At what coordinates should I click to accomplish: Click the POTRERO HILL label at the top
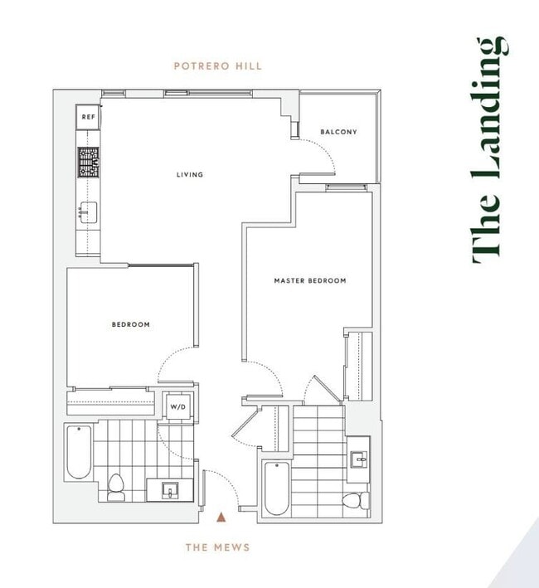coord(217,66)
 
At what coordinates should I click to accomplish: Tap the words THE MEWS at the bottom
coord(217,547)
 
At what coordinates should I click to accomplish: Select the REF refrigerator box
coord(88,118)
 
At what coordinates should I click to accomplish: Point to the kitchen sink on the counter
coord(87,212)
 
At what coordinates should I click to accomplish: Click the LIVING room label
coord(189,175)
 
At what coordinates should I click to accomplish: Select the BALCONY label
coord(338,132)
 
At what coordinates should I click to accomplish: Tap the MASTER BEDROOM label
coord(310,281)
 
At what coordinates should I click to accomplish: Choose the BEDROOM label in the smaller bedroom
coord(131,324)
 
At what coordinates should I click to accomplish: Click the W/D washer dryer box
coord(177,406)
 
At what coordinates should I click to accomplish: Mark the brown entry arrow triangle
coord(221,518)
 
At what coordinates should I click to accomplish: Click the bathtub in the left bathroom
coord(79,452)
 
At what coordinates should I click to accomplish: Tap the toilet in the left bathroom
coord(115,488)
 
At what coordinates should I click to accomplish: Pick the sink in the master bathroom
coord(359,459)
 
